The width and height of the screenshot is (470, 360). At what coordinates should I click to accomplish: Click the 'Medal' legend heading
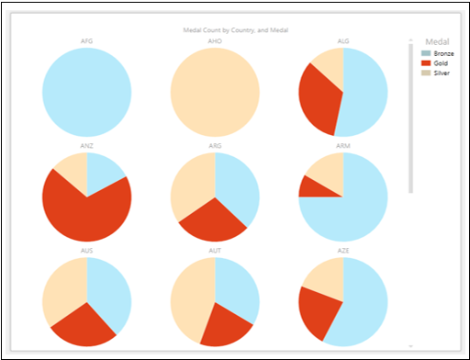pyautogui.click(x=436, y=40)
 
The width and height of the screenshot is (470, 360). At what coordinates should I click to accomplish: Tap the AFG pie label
pyautogui.click(x=86, y=40)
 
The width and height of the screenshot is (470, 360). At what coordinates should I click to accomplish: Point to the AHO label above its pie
pyautogui.click(x=215, y=40)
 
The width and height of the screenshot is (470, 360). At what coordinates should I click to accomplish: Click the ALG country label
pyautogui.click(x=343, y=40)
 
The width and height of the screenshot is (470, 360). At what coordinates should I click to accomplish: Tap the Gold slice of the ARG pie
pyautogui.click(x=214, y=220)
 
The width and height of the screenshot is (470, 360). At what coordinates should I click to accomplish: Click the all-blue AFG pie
pyautogui.click(x=86, y=92)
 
